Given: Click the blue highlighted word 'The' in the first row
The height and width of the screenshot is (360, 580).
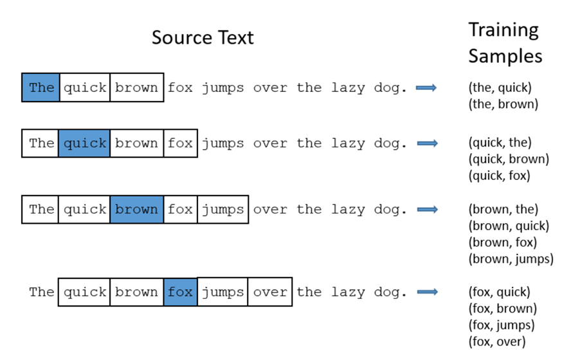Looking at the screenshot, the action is point(41,87).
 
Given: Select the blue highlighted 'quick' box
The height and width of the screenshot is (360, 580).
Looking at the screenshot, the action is point(84,143).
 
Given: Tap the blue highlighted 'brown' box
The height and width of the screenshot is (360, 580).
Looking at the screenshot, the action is point(137,210).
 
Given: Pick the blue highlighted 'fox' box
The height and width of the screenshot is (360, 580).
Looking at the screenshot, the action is point(181,292).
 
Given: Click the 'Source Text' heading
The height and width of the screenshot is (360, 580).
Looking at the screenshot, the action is point(203,37).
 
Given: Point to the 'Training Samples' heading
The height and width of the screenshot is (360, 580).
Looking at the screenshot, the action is point(505,43).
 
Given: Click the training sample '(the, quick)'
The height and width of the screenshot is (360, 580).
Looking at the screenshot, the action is point(500,87).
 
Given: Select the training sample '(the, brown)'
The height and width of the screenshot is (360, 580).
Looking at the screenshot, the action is point(503,104).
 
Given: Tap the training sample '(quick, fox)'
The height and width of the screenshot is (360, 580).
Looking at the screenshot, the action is point(500,175).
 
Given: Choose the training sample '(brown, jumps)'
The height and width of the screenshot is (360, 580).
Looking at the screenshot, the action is point(511,258).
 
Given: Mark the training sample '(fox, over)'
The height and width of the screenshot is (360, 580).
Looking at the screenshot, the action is point(497,341).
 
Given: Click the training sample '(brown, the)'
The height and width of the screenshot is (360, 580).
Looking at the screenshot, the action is point(503,210).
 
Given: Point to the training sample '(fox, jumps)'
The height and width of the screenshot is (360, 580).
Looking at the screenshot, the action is point(502,325).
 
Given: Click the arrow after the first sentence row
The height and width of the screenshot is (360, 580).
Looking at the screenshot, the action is point(426,87).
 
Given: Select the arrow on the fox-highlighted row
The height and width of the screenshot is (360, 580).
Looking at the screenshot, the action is point(428,292).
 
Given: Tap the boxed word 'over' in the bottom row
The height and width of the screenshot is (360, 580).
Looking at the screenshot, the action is point(270,292).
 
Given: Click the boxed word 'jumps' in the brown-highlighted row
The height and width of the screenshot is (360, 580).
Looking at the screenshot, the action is point(223,210).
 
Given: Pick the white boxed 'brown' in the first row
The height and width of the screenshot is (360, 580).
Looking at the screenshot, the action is point(137,87).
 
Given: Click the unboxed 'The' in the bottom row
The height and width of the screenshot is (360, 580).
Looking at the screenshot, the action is point(42,292).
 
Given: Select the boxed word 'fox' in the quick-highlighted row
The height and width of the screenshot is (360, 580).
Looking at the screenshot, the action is point(181,143).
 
